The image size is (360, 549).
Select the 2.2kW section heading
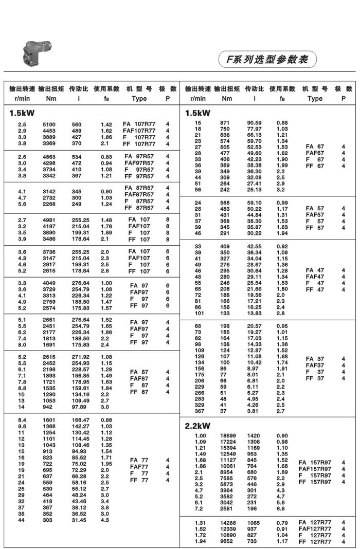[x=197, y=426]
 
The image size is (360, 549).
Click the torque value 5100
[x=48, y=124]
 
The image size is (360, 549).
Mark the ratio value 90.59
[x=254, y=122]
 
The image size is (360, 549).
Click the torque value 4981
[x=48, y=220]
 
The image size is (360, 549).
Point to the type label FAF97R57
[x=139, y=163]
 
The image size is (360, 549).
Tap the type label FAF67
[x=315, y=153]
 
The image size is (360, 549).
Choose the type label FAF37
[x=315, y=365]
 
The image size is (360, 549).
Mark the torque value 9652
[x=227, y=541]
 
